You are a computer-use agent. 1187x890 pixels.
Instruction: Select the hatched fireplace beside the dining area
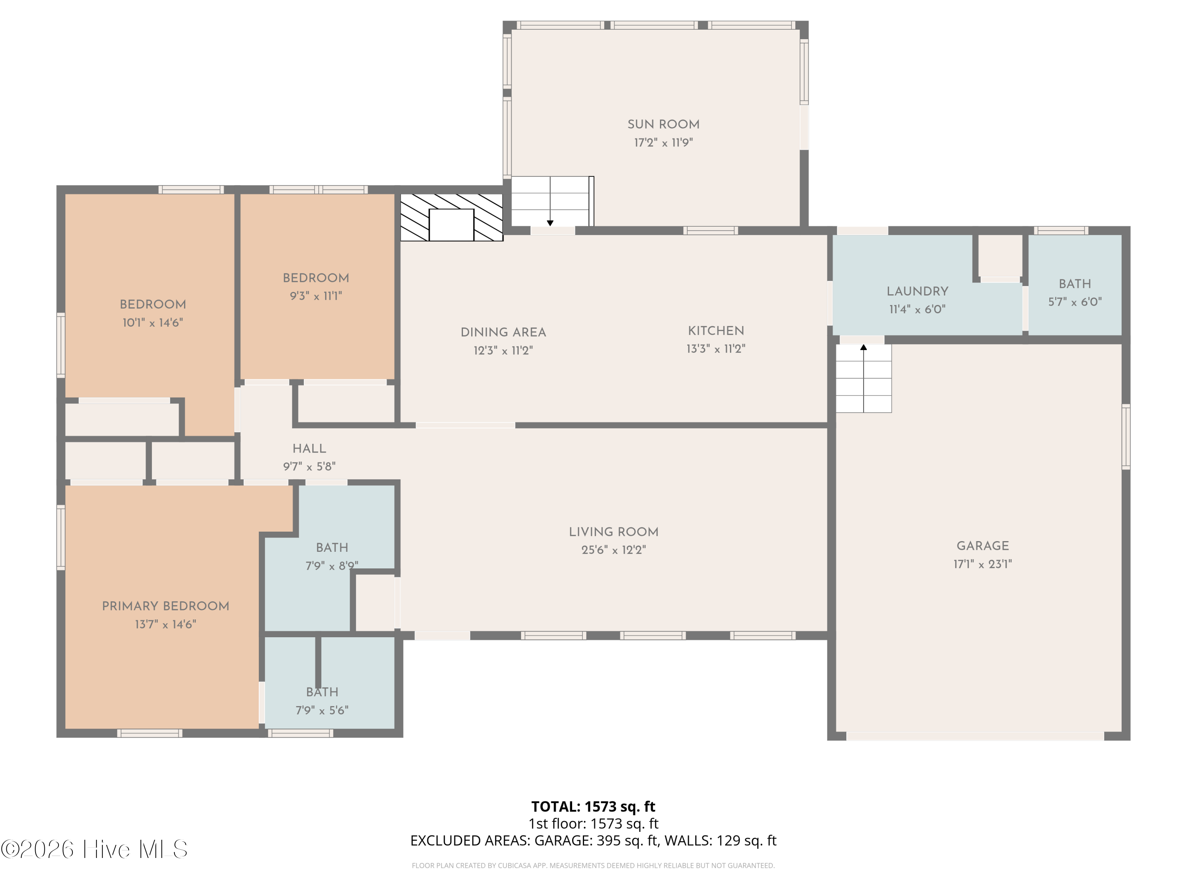(x=451, y=217)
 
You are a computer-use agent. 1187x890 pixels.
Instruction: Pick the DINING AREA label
(x=503, y=333)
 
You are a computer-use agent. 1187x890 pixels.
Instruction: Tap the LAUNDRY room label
(x=917, y=291)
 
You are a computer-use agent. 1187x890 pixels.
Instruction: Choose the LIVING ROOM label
(x=613, y=532)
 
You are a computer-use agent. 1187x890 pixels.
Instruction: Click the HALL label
(x=309, y=449)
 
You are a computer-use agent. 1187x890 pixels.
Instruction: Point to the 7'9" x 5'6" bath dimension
(x=322, y=711)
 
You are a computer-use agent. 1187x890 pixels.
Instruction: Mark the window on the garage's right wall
(x=1126, y=437)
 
